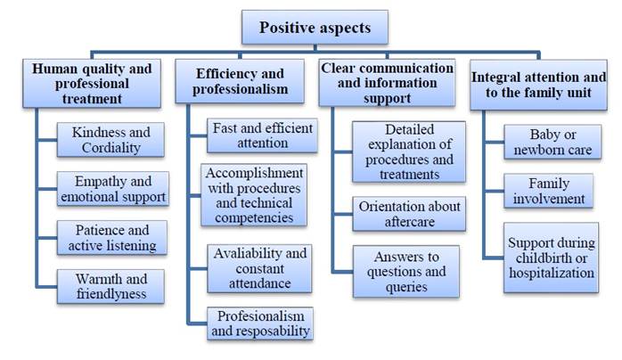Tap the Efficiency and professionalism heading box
[241, 83]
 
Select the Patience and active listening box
[111, 236]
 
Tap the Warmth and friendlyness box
[111, 286]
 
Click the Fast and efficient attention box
[263, 135]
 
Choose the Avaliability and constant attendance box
[262, 267]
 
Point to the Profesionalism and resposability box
[262, 323]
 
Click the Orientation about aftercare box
[409, 213]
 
